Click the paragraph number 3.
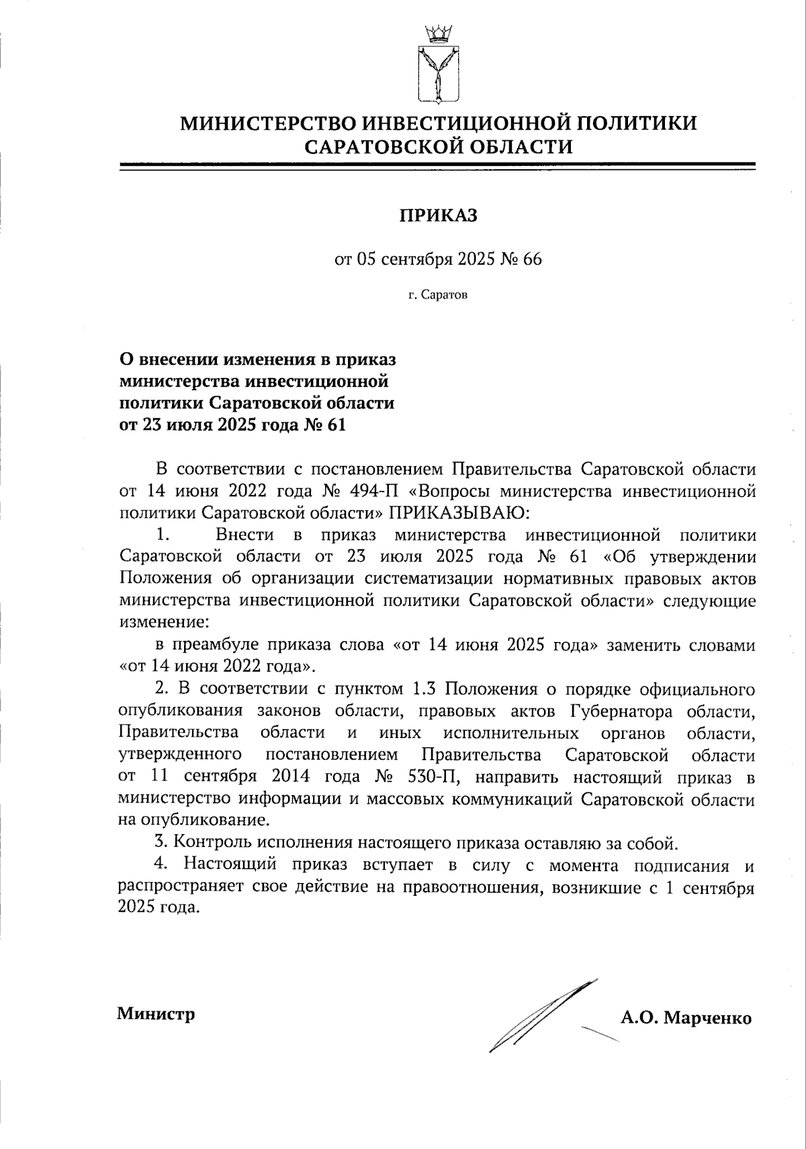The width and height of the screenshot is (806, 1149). [x=160, y=842]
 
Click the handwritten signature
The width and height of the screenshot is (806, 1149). [x=537, y=1017]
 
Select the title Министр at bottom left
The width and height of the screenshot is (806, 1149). [x=156, y=1013]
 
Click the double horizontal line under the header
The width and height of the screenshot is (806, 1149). [x=439, y=165]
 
